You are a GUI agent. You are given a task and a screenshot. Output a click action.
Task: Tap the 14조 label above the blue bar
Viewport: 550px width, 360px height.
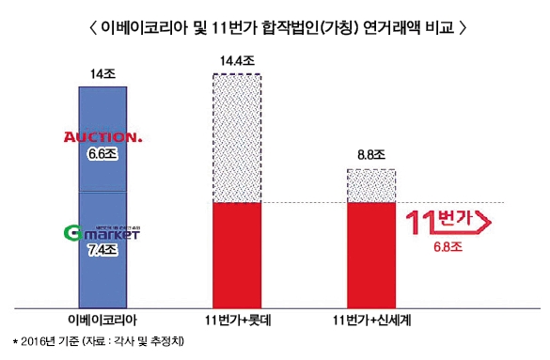click(104, 72)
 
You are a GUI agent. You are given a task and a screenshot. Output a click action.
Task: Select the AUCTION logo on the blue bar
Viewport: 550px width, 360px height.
click(102, 138)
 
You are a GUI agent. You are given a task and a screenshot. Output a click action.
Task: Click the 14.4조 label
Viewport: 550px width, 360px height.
click(235, 62)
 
